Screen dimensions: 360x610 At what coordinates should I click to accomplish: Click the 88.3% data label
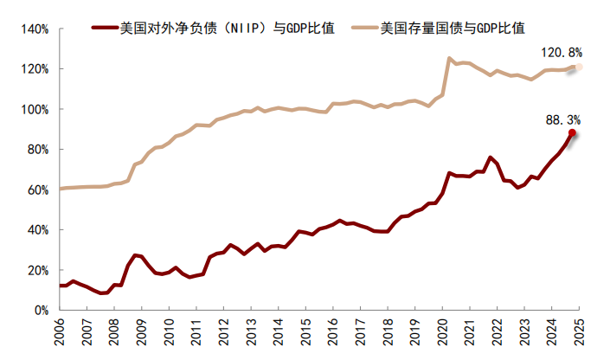(562, 119)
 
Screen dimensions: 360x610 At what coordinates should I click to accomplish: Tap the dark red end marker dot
(572, 133)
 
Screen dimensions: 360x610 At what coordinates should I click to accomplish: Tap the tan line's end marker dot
(579, 67)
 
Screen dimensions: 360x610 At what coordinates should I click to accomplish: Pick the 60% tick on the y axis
(37, 190)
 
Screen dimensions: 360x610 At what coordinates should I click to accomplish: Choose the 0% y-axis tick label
(41, 310)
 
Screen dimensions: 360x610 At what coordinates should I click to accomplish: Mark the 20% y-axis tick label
(37, 270)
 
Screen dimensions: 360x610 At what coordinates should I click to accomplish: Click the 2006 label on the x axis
(59, 333)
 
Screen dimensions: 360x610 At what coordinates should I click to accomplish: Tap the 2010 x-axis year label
(168, 333)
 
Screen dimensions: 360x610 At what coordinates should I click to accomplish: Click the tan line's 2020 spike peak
(449, 58)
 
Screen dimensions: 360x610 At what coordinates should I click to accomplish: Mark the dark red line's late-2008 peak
(135, 255)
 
